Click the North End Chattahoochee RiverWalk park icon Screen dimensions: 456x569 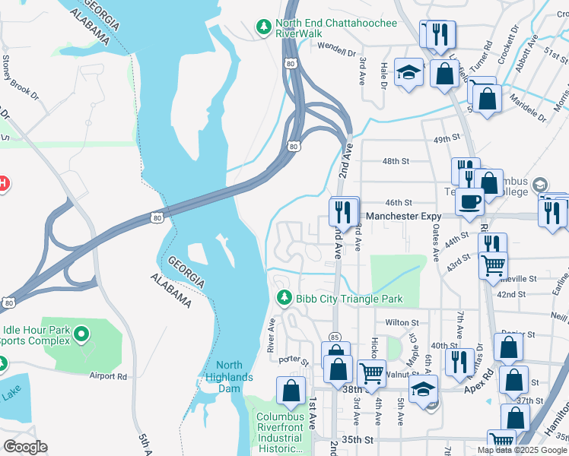click(264, 27)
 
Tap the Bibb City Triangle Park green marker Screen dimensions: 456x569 click(284, 298)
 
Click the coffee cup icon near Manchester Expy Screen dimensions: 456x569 click(469, 201)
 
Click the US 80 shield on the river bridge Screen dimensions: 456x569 click(156, 217)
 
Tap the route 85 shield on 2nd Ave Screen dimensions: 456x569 click(335, 337)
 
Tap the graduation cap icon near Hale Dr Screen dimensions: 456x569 click(408, 72)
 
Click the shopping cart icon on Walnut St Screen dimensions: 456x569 click(371, 373)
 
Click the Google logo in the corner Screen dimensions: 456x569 click(25, 447)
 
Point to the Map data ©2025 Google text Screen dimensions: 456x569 click(523, 450)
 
